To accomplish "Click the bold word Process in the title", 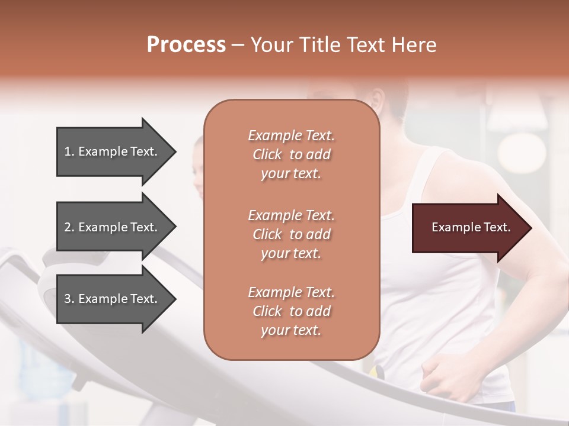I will coord(186,45).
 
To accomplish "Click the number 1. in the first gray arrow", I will coord(69,151).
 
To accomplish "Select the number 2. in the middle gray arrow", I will coord(69,227).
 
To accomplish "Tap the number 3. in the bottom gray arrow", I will coord(69,299).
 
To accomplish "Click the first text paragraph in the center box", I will coord(291,154).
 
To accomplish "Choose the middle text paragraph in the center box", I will coord(291,234).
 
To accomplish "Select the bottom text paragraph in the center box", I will coord(291,311).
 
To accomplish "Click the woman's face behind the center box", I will coord(198,172).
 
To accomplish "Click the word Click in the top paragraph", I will coord(267,154).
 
